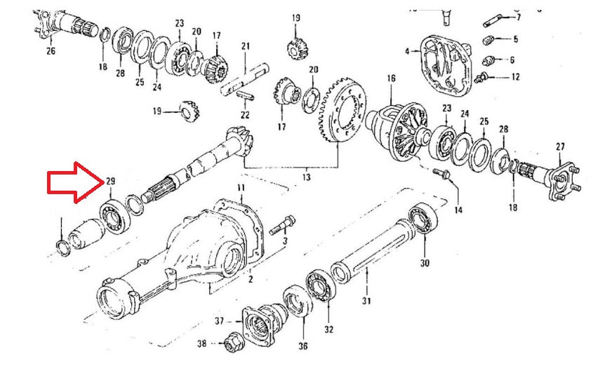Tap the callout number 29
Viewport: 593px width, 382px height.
click(111, 182)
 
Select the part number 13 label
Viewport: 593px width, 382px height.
click(306, 177)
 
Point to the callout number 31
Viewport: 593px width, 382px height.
click(366, 302)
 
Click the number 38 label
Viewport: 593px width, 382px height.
click(201, 344)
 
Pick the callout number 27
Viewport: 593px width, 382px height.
click(560, 146)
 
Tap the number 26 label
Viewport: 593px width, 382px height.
click(50, 50)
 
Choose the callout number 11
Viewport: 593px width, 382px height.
click(241, 188)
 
